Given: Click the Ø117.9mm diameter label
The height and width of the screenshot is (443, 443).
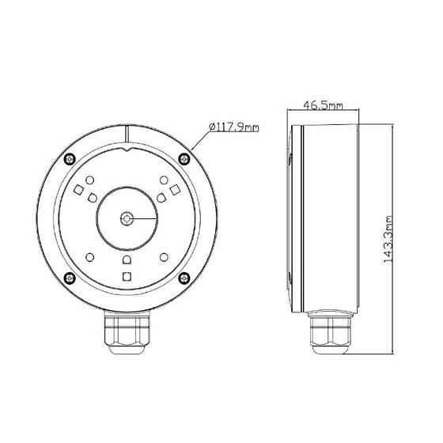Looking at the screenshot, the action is [x=234, y=127].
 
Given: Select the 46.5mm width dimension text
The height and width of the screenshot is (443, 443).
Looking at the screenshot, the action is [x=323, y=105].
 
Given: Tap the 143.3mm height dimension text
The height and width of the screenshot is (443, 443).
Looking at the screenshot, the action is [x=388, y=240].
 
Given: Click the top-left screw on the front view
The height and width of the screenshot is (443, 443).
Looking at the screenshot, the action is [x=70, y=159].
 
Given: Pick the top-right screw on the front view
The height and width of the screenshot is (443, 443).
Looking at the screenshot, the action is [x=184, y=159].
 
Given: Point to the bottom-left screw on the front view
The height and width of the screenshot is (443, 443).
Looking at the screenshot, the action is [x=70, y=278].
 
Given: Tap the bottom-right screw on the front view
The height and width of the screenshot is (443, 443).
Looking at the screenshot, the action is [x=184, y=278].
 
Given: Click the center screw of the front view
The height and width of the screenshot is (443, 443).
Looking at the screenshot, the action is [x=127, y=218].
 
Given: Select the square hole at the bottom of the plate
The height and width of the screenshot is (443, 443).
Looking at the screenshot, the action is [x=127, y=277].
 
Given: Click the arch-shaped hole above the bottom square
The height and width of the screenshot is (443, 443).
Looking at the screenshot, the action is [x=127, y=259].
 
